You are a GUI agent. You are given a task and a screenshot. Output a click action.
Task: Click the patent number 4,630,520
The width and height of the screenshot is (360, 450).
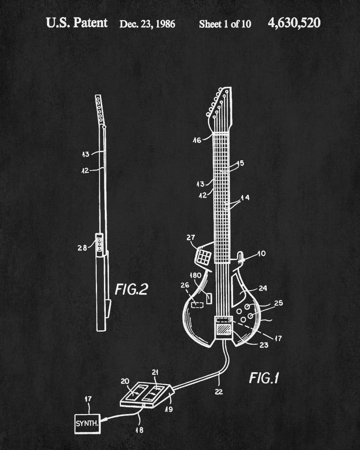pyautogui.click(x=294, y=23)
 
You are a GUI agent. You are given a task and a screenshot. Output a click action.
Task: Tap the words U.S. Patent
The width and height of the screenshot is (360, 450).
pyautogui.click(x=77, y=23)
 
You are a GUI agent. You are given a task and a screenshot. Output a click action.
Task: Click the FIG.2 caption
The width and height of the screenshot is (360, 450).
pyautogui.click(x=131, y=288)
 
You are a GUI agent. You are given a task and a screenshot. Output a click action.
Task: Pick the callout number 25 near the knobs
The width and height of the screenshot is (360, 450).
pyautogui.click(x=279, y=303)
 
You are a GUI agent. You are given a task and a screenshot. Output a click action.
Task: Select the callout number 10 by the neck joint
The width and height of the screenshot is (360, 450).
pyautogui.click(x=261, y=254)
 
